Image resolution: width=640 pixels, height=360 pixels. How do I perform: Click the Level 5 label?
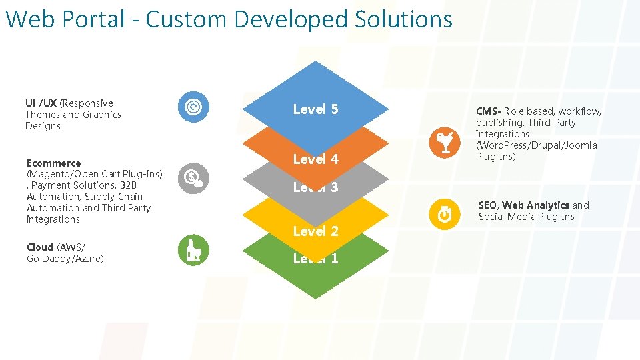pyautogui.click(x=315, y=109)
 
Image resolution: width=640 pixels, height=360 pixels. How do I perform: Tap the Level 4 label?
pyautogui.click(x=315, y=159)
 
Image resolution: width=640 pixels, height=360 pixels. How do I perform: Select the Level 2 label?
pyautogui.click(x=315, y=231)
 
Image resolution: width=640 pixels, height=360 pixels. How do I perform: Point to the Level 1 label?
pyautogui.click(x=315, y=259)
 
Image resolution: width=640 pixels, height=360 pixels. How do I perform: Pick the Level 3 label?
pyautogui.click(x=315, y=187)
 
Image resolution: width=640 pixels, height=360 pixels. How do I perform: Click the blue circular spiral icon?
pyautogui.click(x=193, y=107)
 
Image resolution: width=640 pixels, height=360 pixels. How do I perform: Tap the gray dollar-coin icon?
pyautogui.click(x=193, y=177)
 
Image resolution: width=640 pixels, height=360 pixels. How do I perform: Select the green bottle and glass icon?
pyautogui.click(x=193, y=251)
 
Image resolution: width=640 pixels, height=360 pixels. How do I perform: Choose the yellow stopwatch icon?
pyautogui.click(x=443, y=214)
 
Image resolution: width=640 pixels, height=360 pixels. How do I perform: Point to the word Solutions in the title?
pyautogui.click(x=403, y=19)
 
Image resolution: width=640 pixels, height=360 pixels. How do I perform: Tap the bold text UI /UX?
pyautogui.click(x=41, y=103)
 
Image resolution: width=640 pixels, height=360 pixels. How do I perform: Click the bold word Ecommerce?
pyautogui.click(x=53, y=163)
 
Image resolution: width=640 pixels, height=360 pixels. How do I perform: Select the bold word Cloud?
pyautogui.click(x=39, y=247)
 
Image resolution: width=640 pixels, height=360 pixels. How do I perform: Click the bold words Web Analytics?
pyautogui.click(x=535, y=205)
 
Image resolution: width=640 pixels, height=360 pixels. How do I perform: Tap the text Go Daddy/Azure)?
pyautogui.click(x=65, y=259)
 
